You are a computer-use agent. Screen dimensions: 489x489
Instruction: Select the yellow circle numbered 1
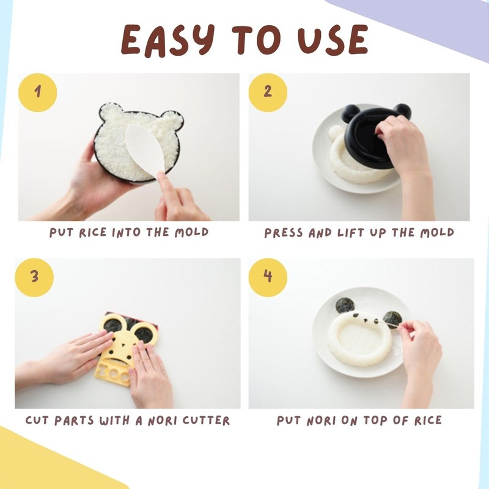pyautogui.click(x=38, y=92)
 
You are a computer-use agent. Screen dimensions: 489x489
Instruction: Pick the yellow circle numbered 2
pyautogui.click(x=268, y=92)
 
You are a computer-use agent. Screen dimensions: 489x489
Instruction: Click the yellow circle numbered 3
pyautogui.click(x=34, y=277)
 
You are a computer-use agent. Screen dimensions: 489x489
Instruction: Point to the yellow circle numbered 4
pyautogui.click(x=268, y=277)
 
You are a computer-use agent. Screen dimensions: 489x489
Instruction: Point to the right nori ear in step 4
pyautogui.click(x=391, y=318)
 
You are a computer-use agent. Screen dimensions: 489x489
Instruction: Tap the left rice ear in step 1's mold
pyautogui.click(x=112, y=114)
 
